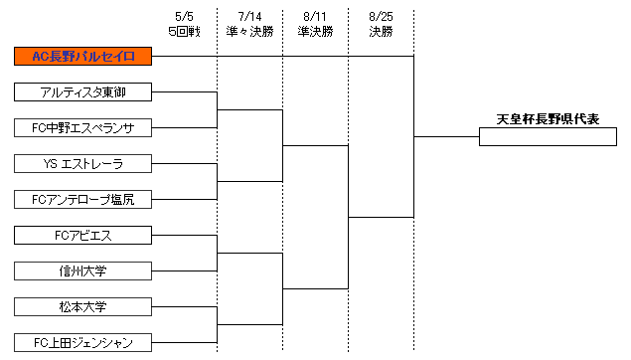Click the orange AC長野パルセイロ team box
[82, 56]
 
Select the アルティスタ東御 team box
[82, 92]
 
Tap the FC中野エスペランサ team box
[82, 128]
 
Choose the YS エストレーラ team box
[82, 163]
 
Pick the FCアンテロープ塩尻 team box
[82, 199]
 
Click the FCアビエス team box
[82, 236]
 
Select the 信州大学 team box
[82, 270]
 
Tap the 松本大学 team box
[82, 306]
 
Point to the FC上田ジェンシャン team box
[82, 342]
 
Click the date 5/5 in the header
[185, 17]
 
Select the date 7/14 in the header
[249, 17]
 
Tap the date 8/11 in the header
[315, 17]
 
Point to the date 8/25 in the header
[380, 17]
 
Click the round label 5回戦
[185, 31]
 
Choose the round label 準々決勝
[249, 31]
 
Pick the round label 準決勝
[315, 31]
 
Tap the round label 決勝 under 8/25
[380, 31]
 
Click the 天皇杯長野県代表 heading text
[548, 119]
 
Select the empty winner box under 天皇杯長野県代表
[548, 137]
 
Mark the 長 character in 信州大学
[82, 270]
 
